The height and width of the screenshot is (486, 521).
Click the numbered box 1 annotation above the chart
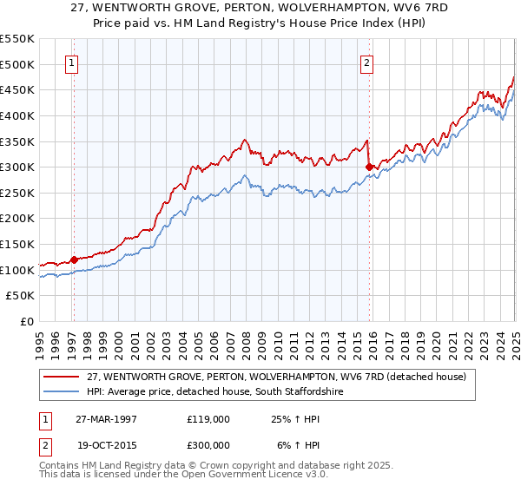click(x=70, y=62)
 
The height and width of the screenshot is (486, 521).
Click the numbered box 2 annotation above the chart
click(x=367, y=62)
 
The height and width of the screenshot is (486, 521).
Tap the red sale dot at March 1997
click(x=74, y=259)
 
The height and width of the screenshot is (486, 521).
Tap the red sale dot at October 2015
click(x=369, y=167)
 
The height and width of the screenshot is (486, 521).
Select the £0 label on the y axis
click(x=26, y=322)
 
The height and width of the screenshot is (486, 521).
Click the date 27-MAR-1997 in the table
click(x=107, y=418)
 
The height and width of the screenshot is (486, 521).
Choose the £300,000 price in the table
click(x=208, y=444)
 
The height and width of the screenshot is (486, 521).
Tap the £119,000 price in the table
click(x=208, y=418)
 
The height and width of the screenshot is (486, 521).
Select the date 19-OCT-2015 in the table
click(x=107, y=444)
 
